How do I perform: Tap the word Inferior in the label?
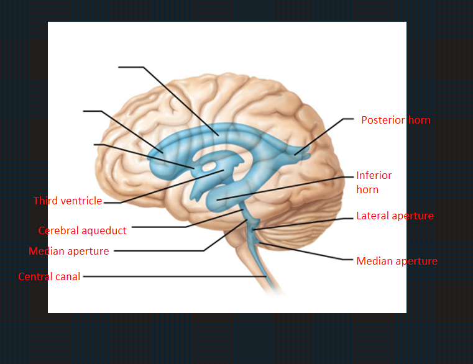tap(374, 176)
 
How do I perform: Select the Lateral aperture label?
tap(395, 216)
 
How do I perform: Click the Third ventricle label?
tap(68, 201)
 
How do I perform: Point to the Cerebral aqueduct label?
tap(82, 230)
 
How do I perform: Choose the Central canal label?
tap(49, 276)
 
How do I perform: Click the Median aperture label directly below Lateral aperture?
tap(397, 261)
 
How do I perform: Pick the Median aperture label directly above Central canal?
tap(68, 251)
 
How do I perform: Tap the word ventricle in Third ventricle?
tap(81, 201)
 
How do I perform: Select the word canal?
tap(66, 276)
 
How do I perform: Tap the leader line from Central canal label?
tap(174, 276)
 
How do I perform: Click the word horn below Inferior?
tap(367, 189)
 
